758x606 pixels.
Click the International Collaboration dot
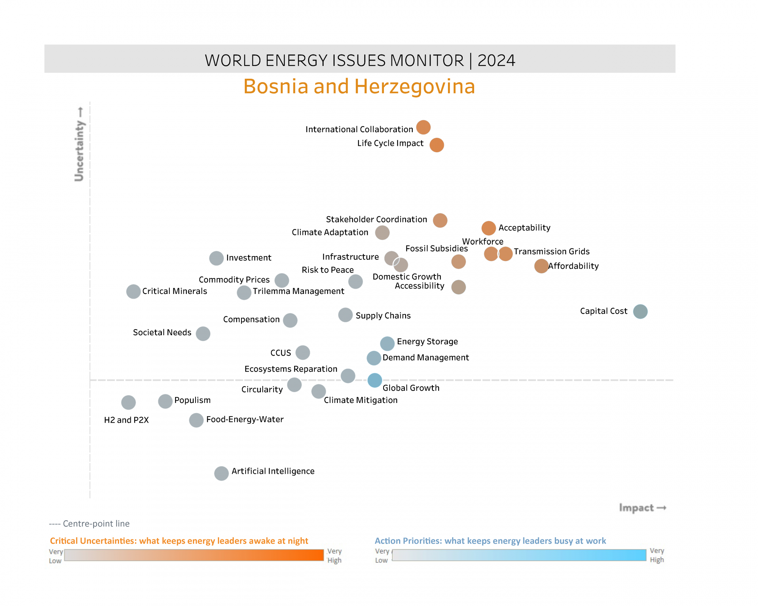coord(423,127)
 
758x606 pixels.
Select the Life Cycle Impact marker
coord(437,145)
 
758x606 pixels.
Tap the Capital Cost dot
coord(640,311)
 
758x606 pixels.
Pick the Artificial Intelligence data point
coord(221,473)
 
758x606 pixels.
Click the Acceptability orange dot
coord(489,228)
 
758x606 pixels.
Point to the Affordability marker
coord(541,266)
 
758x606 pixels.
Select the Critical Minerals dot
coord(133,292)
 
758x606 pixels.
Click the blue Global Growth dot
coord(374,380)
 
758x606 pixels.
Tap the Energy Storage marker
coord(387,344)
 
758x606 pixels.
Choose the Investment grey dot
coord(216,258)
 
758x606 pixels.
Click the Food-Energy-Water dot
coord(196,420)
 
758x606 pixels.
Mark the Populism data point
coord(165,401)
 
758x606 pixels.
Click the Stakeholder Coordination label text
coord(376,219)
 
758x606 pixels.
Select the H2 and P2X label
coord(126,420)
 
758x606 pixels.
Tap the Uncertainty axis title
coord(79,144)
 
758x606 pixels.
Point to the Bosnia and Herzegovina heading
coord(359,86)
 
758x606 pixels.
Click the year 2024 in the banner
coord(496,61)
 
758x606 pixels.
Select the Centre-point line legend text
coord(89,523)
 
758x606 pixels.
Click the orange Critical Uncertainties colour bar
coord(194,555)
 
